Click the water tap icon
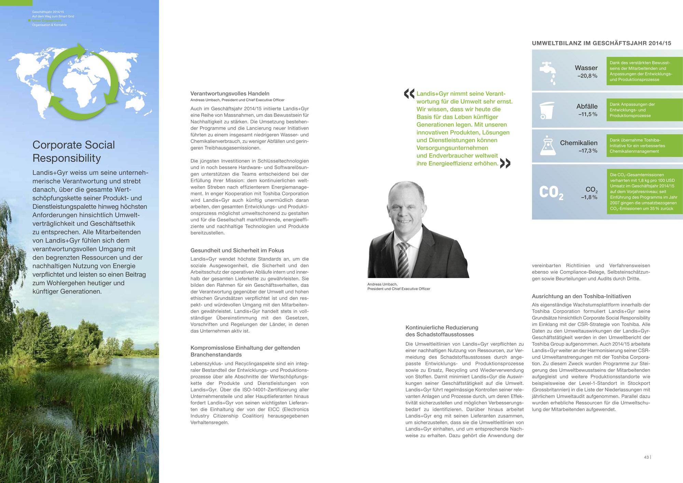[548, 72]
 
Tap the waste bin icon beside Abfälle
[547, 110]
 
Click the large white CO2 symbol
[551, 192]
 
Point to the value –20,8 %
[587, 76]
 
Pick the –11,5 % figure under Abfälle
[588, 114]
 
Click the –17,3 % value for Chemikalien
[588, 151]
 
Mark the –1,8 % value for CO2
[589, 197]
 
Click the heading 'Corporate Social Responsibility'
[74, 151]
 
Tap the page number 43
[646, 457]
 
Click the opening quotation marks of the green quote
[409, 94]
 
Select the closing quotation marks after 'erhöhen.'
[505, 163]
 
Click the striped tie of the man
[403, 260]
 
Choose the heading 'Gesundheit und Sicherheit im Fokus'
[237, 250]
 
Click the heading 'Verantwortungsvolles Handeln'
[230, 94]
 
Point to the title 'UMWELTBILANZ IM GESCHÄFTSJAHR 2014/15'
[601, 43]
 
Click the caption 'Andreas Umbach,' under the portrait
[382, 284]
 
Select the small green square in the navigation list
[29, 20]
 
